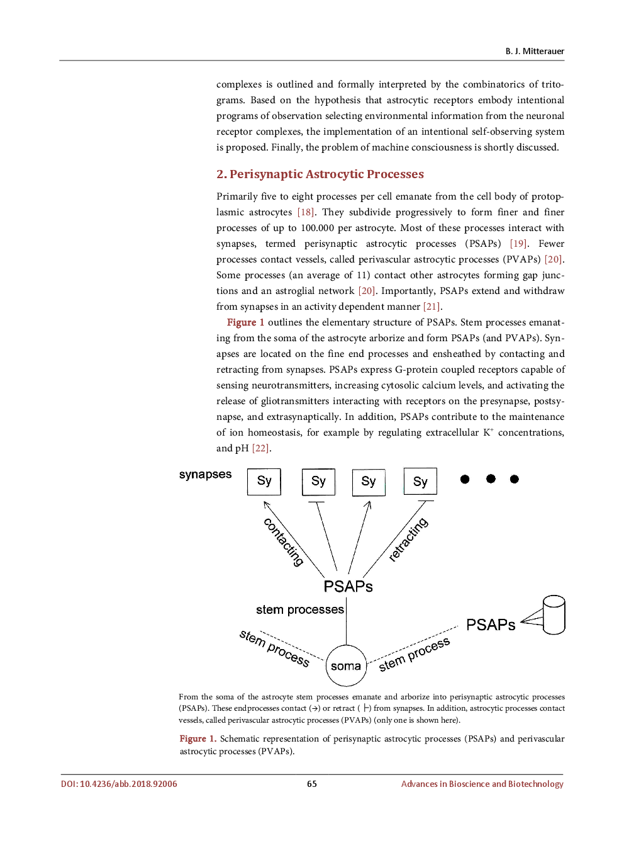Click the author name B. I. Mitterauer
pyautogui.click(x=534, y=51)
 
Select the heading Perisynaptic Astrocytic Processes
pyautogui.click(x=320, y=174)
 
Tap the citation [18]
pyautogui.click(x=306, y=212)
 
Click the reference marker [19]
pyautogui.click(x=518, y=244)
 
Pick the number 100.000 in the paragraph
pyautogui.click(x=317, y=228)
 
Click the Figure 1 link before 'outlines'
pyautogui.click(x=245, y=322)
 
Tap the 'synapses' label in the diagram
pyautogui.click(x=205, y=475)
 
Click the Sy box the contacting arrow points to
pyautogui.click(x=264, y=482)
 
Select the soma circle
pyautogui.click(x=346, y=665)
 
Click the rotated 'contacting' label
pyautogui.click(x=284, y=541)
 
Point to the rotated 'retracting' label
pyautogui.click(x=408, y=539)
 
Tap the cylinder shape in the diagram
pyautogui.click(x=554, y=614)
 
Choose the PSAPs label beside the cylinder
pyautogui.click(x=491, y=625)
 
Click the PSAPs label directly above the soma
pyautogui.click(x=348, y=587)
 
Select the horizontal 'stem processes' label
pyautogui.click(x=300, y=609)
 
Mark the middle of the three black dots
pyautogui.click(x=491, y=479)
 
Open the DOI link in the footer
pyautogui.click(x=119, y=784)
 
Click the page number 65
pyautogui.click(x=312, y=784)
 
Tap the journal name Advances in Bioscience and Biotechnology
pyautogui.click(x=482, y=784)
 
